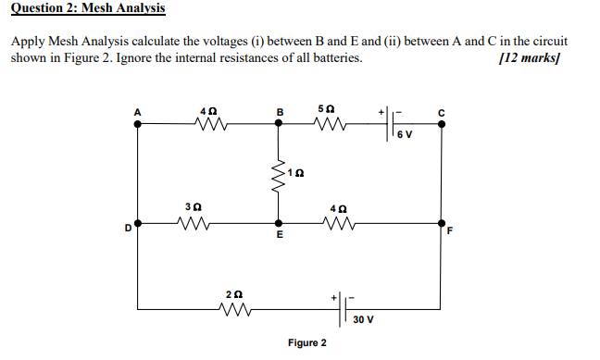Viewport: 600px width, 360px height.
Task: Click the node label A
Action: [x=138, y=113]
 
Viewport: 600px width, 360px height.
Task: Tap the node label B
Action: [x=280, y=113]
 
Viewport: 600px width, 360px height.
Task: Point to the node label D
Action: [x=129, y=231]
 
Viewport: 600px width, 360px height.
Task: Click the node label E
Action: [x=280, y=238]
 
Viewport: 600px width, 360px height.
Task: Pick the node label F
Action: [x=450, y=231]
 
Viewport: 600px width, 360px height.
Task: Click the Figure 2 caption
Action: [x=306, y=343]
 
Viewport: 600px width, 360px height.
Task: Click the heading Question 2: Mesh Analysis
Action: [x=89, y=9]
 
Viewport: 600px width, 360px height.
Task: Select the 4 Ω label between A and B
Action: [x=208, y=111]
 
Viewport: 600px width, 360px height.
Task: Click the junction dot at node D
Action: [x=139, y=223]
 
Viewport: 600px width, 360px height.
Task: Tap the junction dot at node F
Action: [x=441, y=223]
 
